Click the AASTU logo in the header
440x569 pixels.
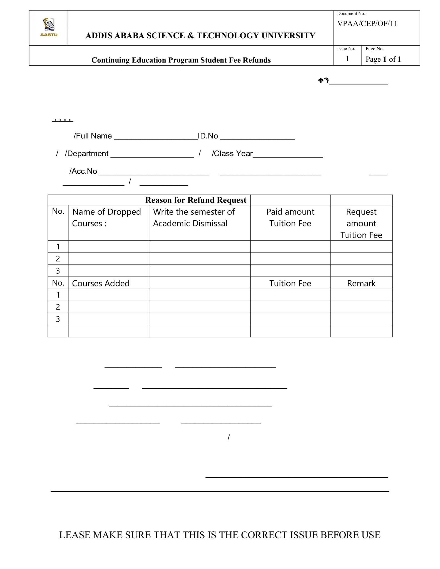[49, 27]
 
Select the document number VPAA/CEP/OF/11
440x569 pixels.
[367, 24]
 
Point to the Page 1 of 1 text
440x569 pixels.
[383, 59]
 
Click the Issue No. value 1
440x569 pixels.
[347, 59]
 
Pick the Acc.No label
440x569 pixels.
[83, 171]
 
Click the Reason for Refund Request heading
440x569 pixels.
[196, 200]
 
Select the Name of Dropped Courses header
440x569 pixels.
[106, 218]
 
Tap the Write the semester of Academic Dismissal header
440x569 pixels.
[194, 218]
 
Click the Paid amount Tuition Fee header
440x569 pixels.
[290, 218]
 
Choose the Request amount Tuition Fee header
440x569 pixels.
[361, 223]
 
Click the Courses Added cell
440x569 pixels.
[101, 283]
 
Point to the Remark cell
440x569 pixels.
[361, 283]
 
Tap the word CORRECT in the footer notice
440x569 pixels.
[264, 535]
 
